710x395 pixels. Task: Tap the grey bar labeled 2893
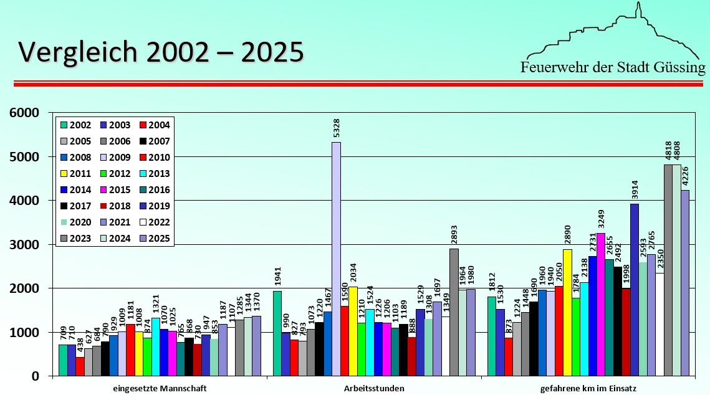454,312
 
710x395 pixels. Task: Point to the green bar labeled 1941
277,333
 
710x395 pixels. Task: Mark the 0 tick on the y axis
35,376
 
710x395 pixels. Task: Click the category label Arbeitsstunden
373,388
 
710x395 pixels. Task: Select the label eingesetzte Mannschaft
160,388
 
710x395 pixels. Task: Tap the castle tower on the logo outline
638,11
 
